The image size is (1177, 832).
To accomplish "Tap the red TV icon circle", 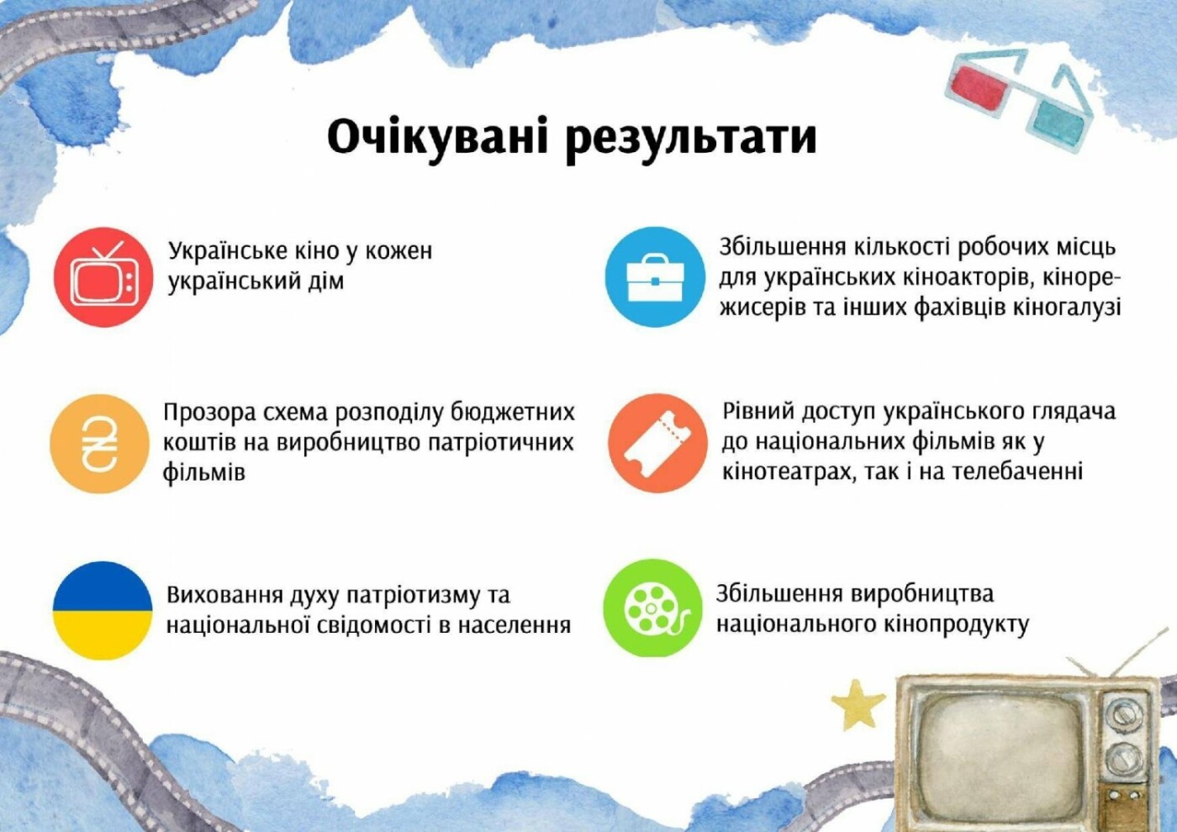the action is coord(103,277).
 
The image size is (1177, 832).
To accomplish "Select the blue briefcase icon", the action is coord(655,276).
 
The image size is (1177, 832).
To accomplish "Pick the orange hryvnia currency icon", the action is coord(99,444).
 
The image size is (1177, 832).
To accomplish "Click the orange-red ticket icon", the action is coord(657,444).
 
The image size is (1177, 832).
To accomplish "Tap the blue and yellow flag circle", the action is coord(103,610).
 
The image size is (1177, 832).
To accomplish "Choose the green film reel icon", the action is coord(652,608).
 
